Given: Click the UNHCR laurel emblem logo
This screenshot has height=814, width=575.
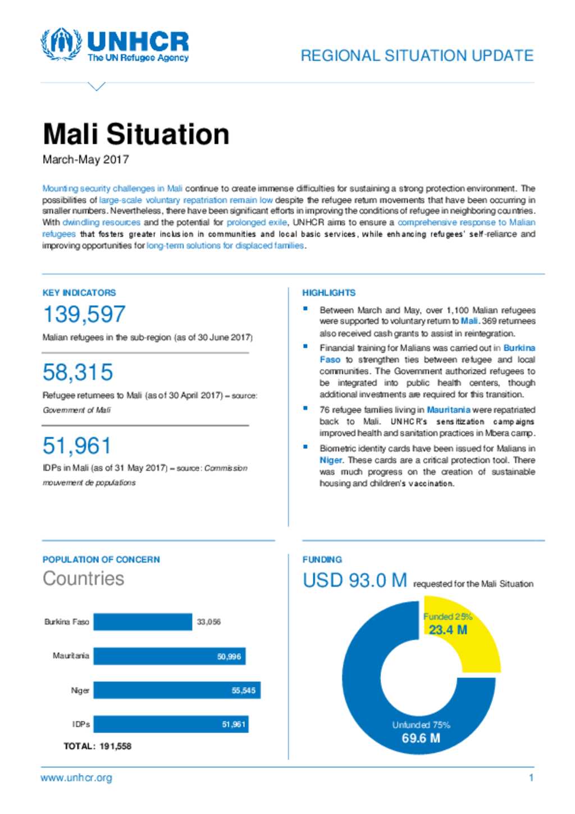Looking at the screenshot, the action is point(61,44).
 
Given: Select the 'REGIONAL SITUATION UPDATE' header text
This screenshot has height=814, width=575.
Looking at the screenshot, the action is point(417,56).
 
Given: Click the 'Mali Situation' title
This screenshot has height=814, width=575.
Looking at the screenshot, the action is point(136,134).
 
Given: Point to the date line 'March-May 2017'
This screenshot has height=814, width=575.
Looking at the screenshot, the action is point(85,160).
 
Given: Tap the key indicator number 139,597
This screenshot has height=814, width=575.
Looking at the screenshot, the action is point(84,314).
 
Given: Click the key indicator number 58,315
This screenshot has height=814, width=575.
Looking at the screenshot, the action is point(77,372).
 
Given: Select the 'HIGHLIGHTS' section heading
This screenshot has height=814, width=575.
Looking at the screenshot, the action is point(328,293).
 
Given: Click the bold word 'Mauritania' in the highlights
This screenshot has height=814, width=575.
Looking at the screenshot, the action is point(448,410).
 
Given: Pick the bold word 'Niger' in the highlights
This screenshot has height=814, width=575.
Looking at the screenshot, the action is point(331,460).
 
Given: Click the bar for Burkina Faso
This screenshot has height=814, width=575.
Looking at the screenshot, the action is point(143,622).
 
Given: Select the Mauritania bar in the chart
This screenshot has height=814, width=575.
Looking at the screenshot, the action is point(169,656).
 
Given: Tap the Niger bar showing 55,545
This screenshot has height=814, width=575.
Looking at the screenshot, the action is point(177,690).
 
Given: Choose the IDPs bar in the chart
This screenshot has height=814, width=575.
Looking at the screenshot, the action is point(171,724).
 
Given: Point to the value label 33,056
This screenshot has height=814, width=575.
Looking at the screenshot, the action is point(208,622).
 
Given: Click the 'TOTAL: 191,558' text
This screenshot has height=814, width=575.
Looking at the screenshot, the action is point(97,747).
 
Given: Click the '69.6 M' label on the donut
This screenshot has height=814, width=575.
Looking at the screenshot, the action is point(421,738).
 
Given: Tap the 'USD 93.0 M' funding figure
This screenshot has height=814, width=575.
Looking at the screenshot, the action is point(354,580).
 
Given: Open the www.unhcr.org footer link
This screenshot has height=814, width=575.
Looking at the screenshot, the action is point(76,778).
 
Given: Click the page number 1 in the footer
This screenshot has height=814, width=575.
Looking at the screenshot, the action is point(531,777).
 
